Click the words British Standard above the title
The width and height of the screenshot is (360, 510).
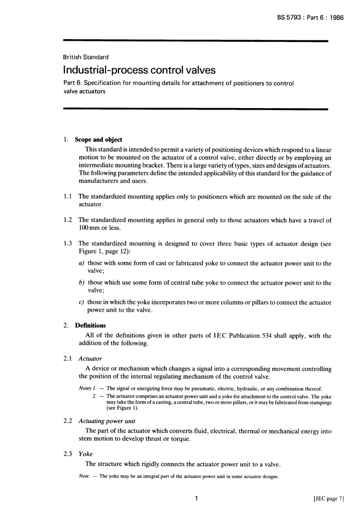(86, 57)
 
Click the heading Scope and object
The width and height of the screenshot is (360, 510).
(99, 140)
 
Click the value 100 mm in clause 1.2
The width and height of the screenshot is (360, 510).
(89, 228)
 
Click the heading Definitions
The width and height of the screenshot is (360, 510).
(91, 325)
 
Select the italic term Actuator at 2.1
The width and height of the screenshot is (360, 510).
(90, 359)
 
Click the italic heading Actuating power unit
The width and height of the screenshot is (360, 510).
(106, 421)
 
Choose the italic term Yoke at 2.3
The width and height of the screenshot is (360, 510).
(85, 454)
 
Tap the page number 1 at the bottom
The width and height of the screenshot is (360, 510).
(196, 499)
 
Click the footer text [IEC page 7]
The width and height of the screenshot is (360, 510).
(329, 499)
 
